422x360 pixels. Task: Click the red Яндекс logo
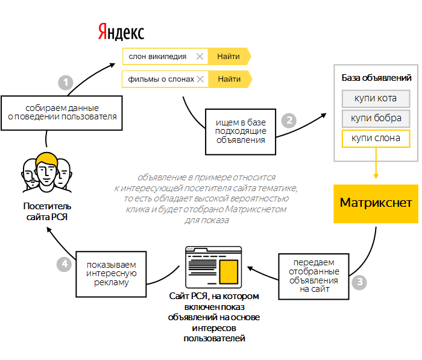point(121,31)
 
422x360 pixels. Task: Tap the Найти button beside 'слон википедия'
point(228,57)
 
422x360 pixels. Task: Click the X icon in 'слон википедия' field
point(200,57)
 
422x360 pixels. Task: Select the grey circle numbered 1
point(65,83)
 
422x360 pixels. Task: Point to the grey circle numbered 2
point(290,120)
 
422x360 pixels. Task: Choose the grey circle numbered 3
point(360,282)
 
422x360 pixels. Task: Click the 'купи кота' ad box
point(376,98)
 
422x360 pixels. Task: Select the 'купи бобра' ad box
point(376,118)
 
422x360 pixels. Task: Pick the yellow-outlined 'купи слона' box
point(376,138)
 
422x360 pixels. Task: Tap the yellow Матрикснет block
point(376,203)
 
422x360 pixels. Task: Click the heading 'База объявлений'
point(376,78)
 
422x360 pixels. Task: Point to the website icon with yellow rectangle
point(213,266)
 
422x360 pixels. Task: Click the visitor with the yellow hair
point(46,169)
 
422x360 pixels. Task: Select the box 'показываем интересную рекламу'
point(111,273)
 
